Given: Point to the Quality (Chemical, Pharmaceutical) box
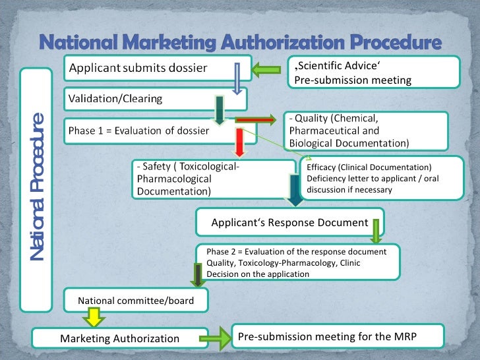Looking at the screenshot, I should [366, 131].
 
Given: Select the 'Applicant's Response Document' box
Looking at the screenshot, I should [289, 222].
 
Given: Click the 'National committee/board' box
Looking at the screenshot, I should [136, 301].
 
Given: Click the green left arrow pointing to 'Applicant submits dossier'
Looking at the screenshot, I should [269, 68].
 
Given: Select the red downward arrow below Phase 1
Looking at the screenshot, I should [241, 142].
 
